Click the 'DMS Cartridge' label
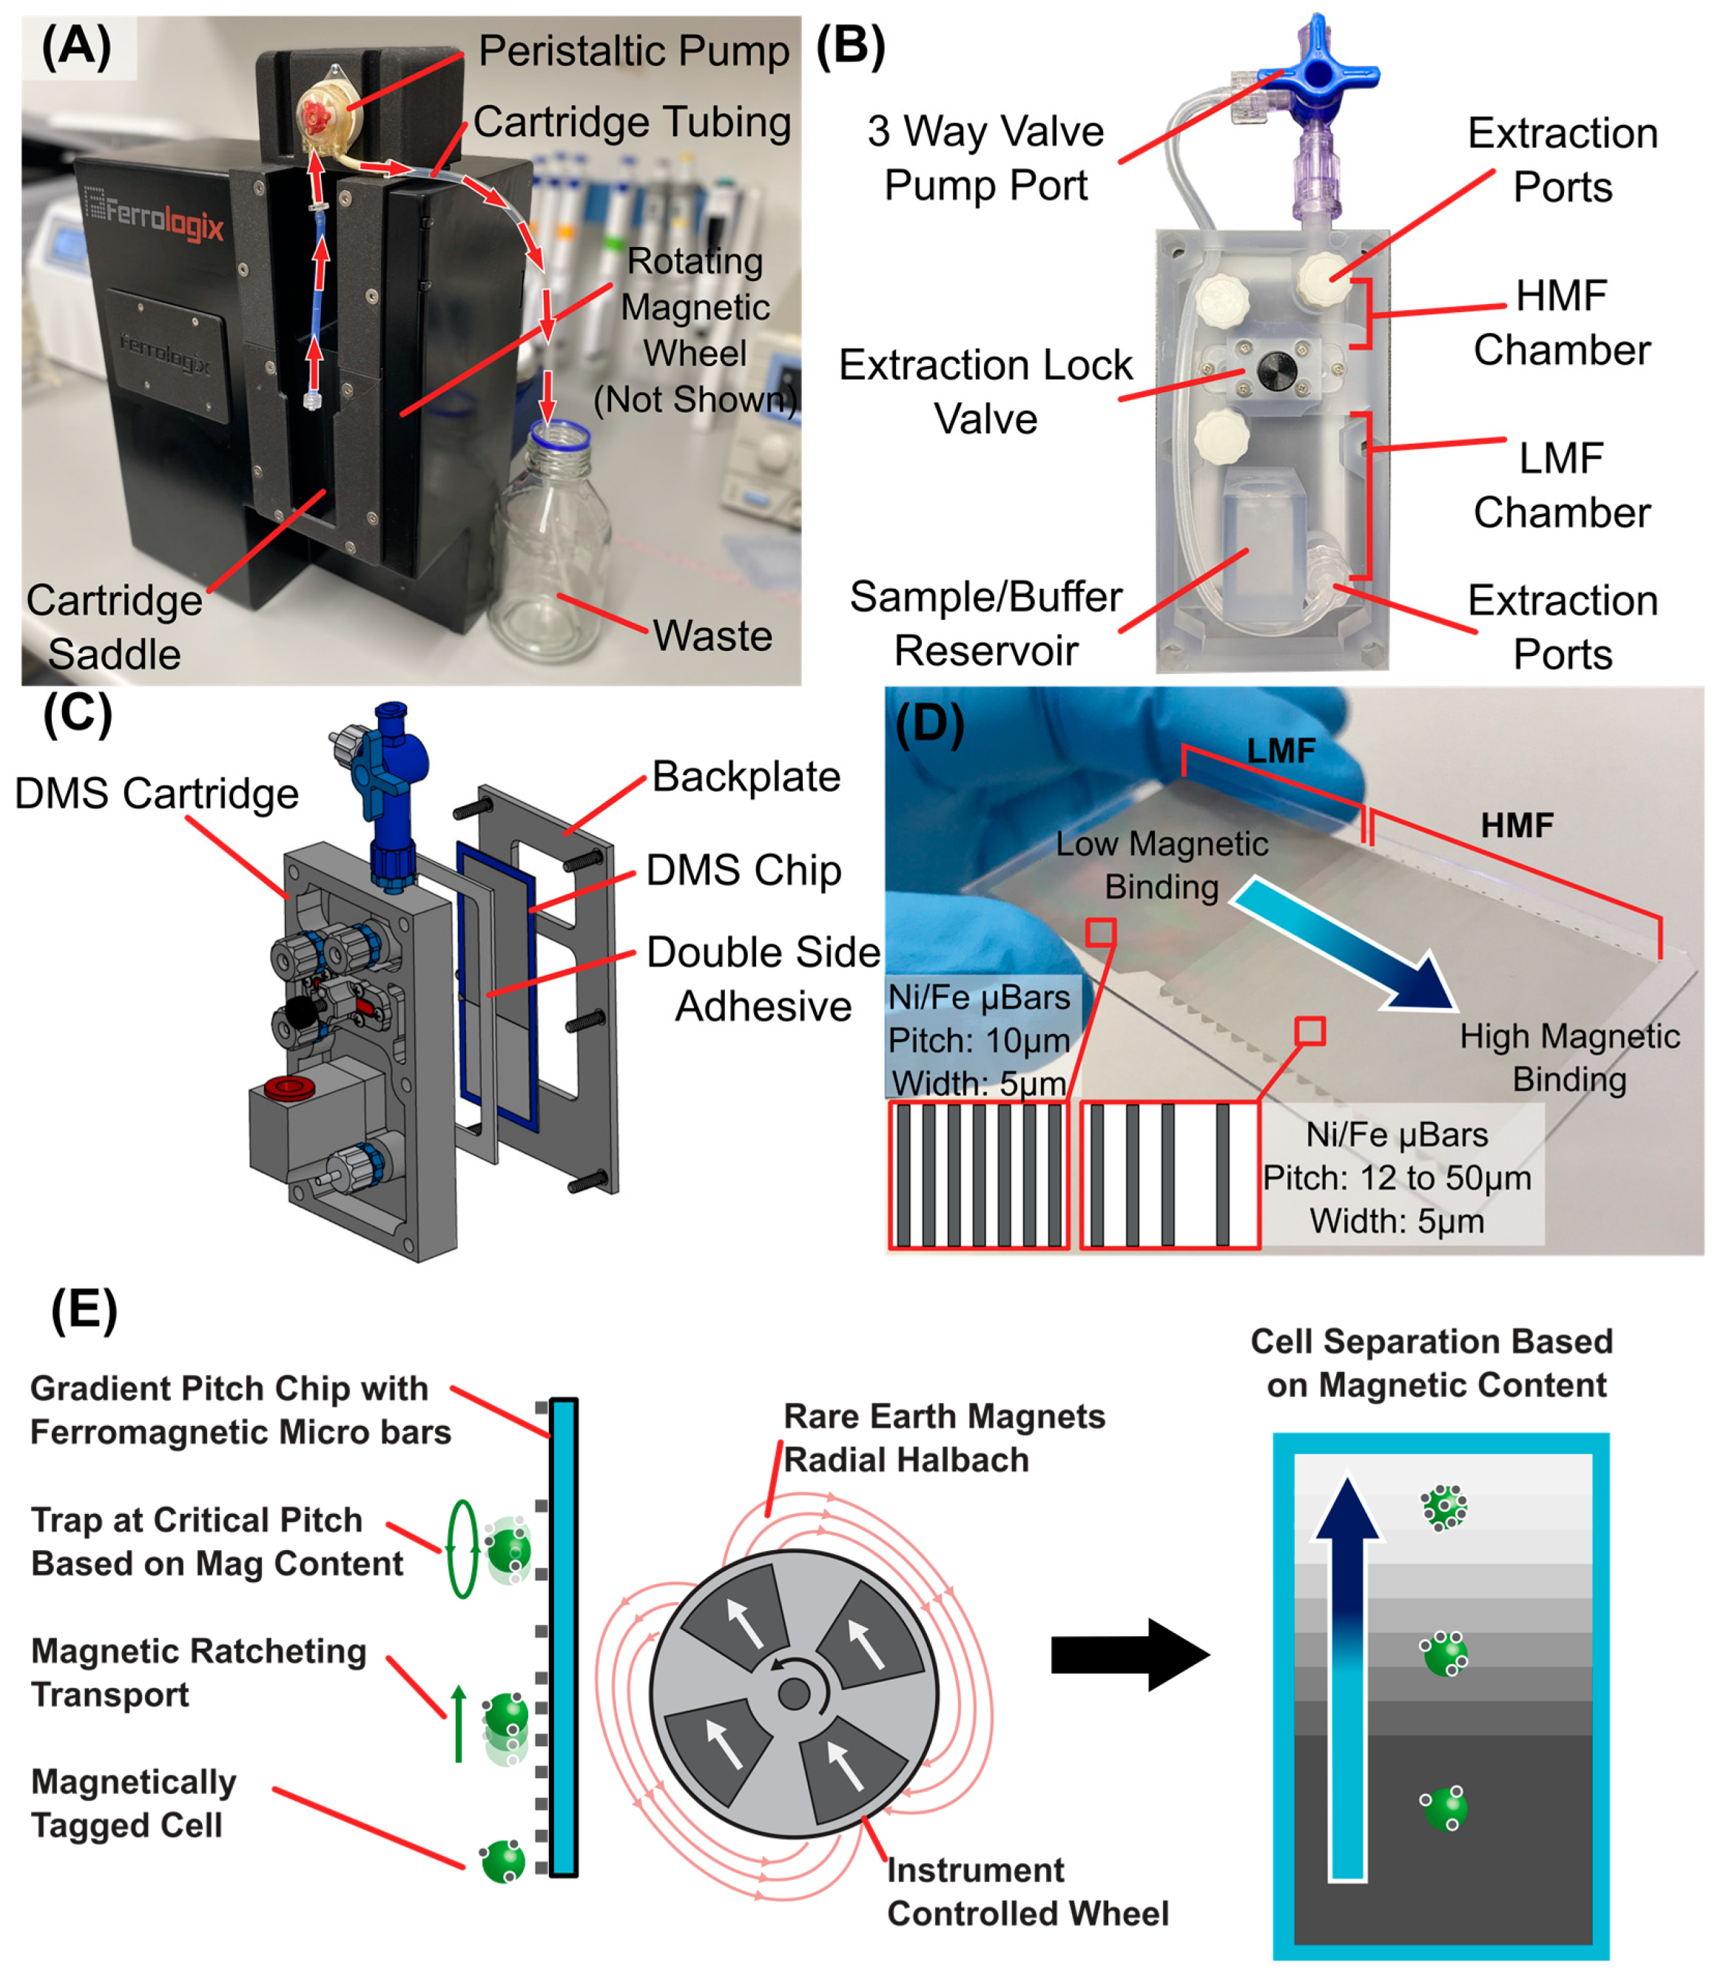click(156, 794)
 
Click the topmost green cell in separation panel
click(1444, 1507)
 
